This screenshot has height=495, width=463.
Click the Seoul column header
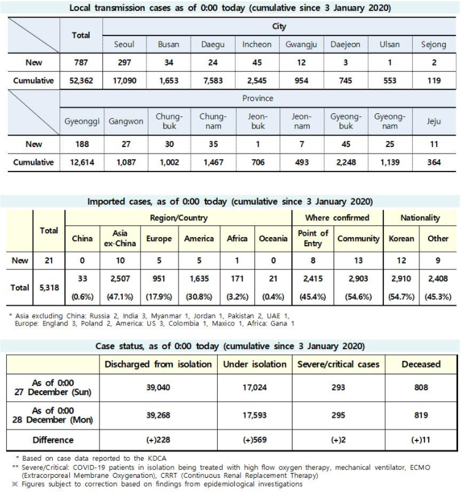point(124,45)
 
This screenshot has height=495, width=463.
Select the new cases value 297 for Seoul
point(124,62)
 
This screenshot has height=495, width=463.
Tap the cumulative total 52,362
point(81,80)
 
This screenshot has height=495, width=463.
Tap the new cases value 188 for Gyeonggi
point(81,144)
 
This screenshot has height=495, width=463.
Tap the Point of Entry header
point(313,238)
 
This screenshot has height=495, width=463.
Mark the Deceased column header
point(421,364)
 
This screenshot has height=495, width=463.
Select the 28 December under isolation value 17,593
point(254,415)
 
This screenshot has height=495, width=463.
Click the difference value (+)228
point(158,439)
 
